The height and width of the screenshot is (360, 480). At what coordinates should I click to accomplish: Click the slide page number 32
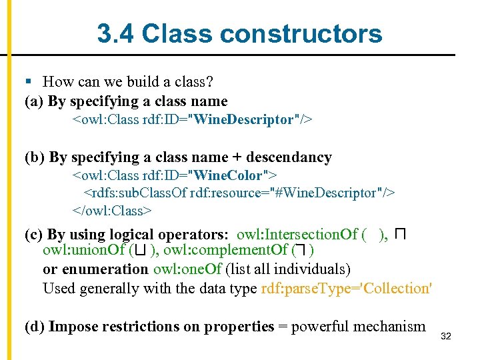[x=446, y=337]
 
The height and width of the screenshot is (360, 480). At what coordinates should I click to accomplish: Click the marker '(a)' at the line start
[x=34, y=101]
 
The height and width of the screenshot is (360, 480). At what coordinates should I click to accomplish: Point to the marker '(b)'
[x=35, y=157]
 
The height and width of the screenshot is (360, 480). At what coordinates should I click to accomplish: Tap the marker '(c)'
[x=34, y=235]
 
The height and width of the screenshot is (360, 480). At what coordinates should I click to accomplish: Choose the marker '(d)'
[x=35, y=327]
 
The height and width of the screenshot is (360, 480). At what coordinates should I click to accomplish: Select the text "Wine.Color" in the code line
[x=227, y=175]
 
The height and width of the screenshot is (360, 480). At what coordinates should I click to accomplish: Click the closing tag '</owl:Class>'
[x=113, y=211]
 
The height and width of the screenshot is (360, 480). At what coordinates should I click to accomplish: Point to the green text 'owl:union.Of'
[x=84, y=251]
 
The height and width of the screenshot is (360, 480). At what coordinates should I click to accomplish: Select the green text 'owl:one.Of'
[x=187, y=269]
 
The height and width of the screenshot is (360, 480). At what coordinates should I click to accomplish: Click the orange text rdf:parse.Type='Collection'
[x=347, y=288]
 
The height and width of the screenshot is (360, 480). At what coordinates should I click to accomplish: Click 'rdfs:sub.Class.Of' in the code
[x=134, y=193]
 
